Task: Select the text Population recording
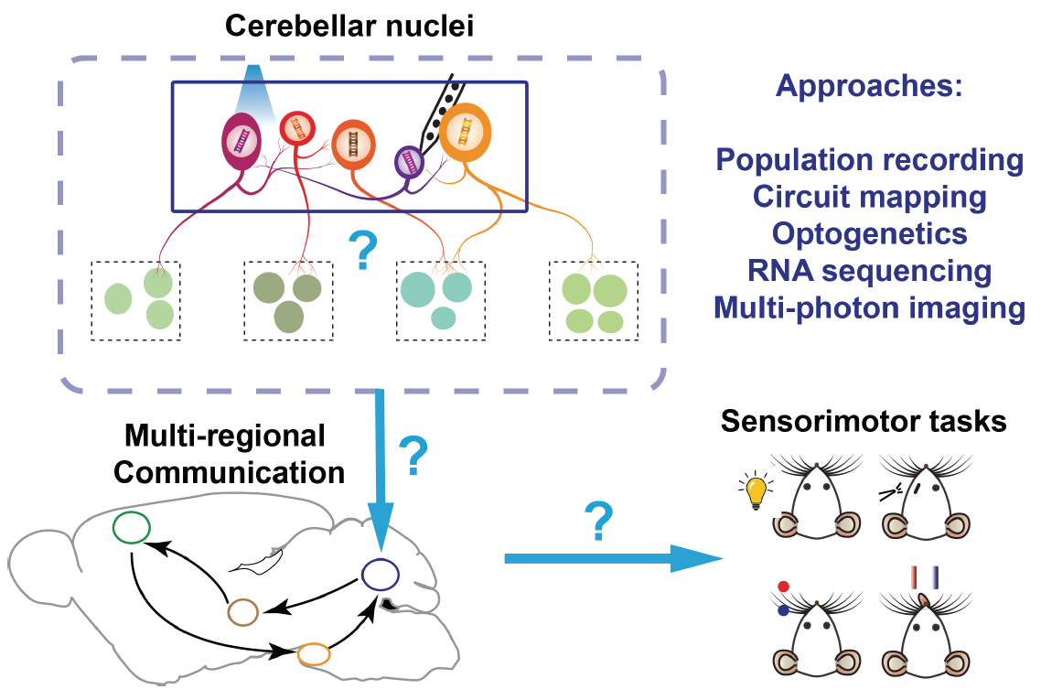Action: click(x=869, y=160)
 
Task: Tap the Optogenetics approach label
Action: click(x=869, y=233)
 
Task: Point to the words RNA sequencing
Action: click(x=869, y=271)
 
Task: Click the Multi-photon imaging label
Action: click(x=869, y=307)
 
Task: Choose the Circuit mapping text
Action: click(x=869, y=197)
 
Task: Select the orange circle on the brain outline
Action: click(x=314, y=655)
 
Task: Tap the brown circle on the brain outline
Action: click(x=243, y=611)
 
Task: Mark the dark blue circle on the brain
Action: click(x=380, y=575)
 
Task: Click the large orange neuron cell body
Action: click(x=465, y=135)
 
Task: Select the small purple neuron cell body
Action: click(x=408, y=163)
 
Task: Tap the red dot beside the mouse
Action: click(x=783, y=587)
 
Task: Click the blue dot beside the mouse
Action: click(x=783, y=611)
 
